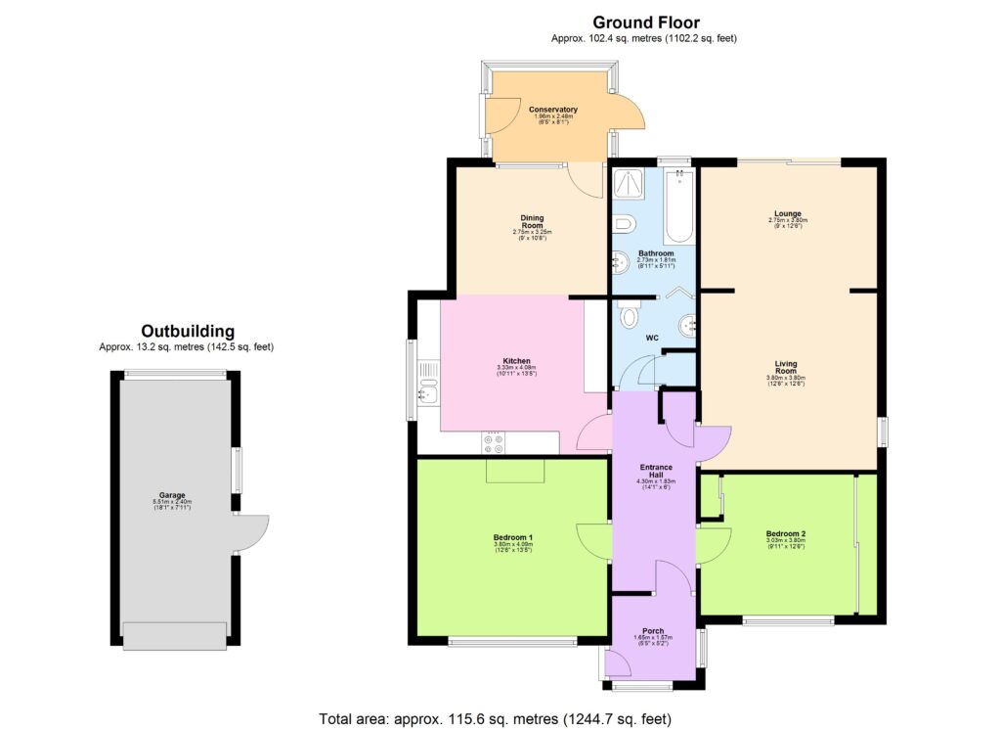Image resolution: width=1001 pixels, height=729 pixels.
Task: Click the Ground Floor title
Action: pyautogui.click(x=645, y=23)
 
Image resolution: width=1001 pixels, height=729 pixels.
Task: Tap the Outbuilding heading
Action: pyautogui.click(x=187, y=331)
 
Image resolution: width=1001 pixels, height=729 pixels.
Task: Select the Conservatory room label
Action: pyautogui.click(x=553, y=110)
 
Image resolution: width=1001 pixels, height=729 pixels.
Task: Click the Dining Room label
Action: pyautogui.click(x=532, y=222)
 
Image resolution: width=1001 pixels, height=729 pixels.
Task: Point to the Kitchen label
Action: pyautogui.click(x=517, y=361)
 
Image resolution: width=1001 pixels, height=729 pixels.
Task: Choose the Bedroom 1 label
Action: pyautogui.click(x=512, y=537)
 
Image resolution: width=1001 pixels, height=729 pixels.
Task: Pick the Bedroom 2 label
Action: pyautogui.click(x=786, y=533)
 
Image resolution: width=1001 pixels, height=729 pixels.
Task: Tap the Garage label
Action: pyautogui.click(x=173, y=495)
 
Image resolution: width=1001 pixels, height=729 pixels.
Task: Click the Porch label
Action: pyautogui.click(x=653, y=630)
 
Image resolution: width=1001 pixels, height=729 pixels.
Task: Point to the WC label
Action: pyautogui.click(x=652, y=338)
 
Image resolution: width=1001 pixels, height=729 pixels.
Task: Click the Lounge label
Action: pyautogui.click(x=787, y=213)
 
